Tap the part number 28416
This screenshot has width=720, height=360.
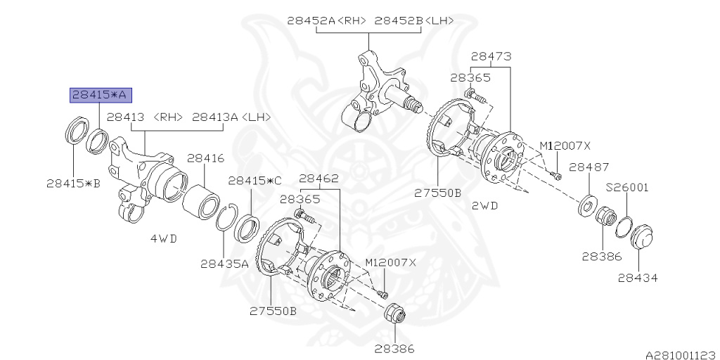tap(205, 160)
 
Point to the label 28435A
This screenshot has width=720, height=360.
tap(224, 264)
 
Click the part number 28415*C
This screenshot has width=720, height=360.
tap(254, 181)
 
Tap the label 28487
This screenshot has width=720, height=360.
tap(589, 167)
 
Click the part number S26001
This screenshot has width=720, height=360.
tap(627, 188)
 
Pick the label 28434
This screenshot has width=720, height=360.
tap(638, 278)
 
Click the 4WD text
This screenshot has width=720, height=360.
tap(163, 238)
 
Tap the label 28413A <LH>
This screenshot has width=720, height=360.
tap(231, 117)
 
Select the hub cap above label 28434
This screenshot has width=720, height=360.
tap(641, 237)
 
